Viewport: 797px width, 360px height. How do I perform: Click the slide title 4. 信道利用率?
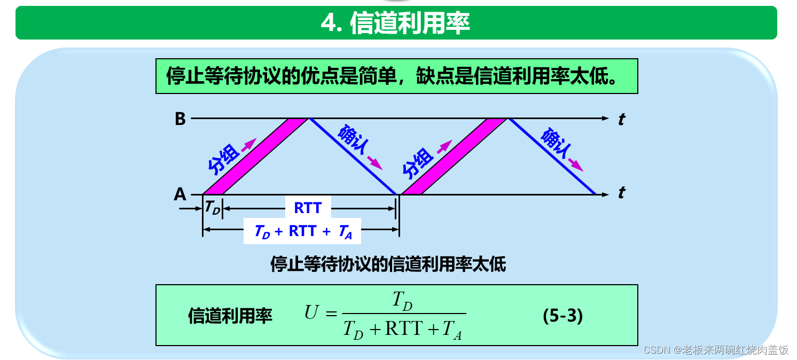[395, 24]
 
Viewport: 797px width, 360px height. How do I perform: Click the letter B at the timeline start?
[180, 119]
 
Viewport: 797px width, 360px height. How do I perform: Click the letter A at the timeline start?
[180, 194]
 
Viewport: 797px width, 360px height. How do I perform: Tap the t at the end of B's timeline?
[621, 119]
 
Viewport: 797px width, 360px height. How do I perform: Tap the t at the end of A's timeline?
[621, 193]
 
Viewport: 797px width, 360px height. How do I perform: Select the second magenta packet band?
[454, 156]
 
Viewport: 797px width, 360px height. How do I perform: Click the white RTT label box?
[308, 208]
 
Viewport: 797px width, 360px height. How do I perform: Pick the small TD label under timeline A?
[212, 208]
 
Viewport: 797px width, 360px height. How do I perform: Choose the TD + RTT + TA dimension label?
[302, 231]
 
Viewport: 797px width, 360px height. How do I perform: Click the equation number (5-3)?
[562, 316]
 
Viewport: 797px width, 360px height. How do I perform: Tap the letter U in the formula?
[311, 312]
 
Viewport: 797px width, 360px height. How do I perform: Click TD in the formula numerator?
[402, 301]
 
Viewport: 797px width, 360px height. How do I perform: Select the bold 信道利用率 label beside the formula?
[230, 316]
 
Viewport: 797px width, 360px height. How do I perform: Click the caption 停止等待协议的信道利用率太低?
[388, 264]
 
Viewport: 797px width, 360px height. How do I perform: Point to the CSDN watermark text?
[716, 350]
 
